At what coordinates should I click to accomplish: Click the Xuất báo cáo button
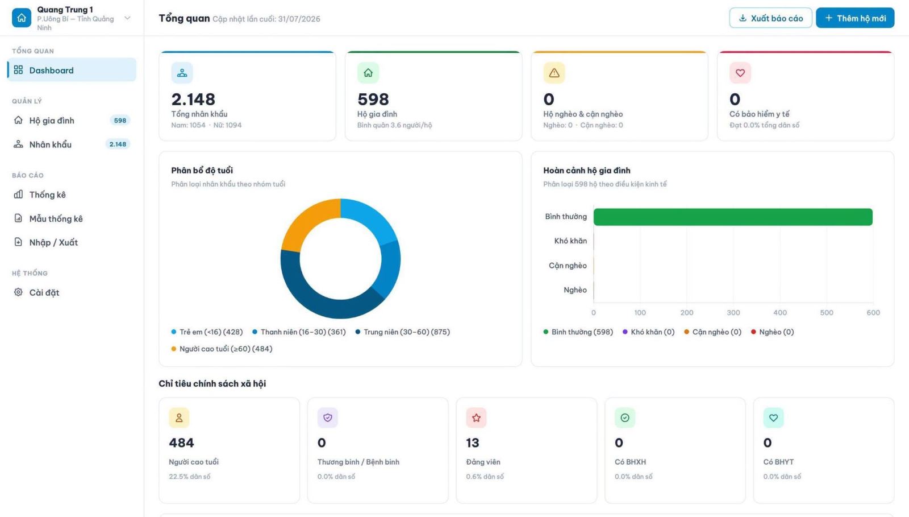(770, 18)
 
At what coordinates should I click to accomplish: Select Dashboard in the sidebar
(72, 70)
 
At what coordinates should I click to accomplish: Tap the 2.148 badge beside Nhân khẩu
(118, 144)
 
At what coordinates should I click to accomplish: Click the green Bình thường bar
(733, 217)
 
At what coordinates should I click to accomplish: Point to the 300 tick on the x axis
(733, 312)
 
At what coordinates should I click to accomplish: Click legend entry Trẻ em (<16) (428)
(207, 332)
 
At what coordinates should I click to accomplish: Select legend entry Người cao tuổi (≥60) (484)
(222, 349)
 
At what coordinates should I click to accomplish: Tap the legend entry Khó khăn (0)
(648, 332)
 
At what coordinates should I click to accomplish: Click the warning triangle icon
(554, 73)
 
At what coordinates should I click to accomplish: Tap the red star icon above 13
(476, 417)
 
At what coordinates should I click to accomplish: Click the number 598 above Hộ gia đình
(373, 99)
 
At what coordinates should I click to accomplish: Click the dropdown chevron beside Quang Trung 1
(127, 18)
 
